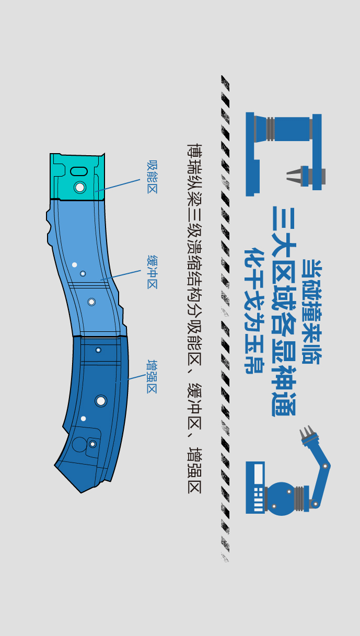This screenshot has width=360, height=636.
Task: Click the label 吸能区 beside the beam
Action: tap(152, 177)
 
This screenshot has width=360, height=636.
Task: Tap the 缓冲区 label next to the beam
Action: tap(152, 272)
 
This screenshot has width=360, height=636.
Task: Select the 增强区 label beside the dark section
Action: tap(152, 376)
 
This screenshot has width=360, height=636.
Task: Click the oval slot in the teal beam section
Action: tap(78, 171)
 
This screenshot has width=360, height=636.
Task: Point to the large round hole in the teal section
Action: tap(79, 187)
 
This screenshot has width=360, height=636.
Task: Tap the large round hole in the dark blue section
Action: tap(101, 401)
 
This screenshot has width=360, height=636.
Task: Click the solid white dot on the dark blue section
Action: tap(83, 419)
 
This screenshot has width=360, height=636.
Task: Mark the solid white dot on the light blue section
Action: tap(74, 265)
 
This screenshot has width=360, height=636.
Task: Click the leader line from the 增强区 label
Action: tap(131, 378)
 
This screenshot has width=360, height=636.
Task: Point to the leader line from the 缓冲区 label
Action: tap(121, 275)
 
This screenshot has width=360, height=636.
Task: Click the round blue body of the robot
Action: tap(281, 499)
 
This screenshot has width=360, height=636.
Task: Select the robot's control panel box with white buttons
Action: tap(256, 487)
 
